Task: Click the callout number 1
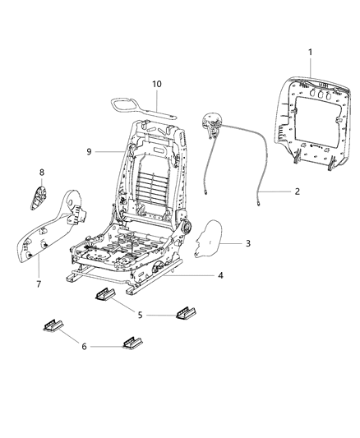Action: [x=310, y=53]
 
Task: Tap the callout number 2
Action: [x=298, y=191]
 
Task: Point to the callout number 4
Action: [x=220, y=276]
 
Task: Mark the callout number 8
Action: [x=41, y=172]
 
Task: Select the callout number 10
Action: [x=157, y=84]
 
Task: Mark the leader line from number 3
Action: [x=233, y=244]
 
